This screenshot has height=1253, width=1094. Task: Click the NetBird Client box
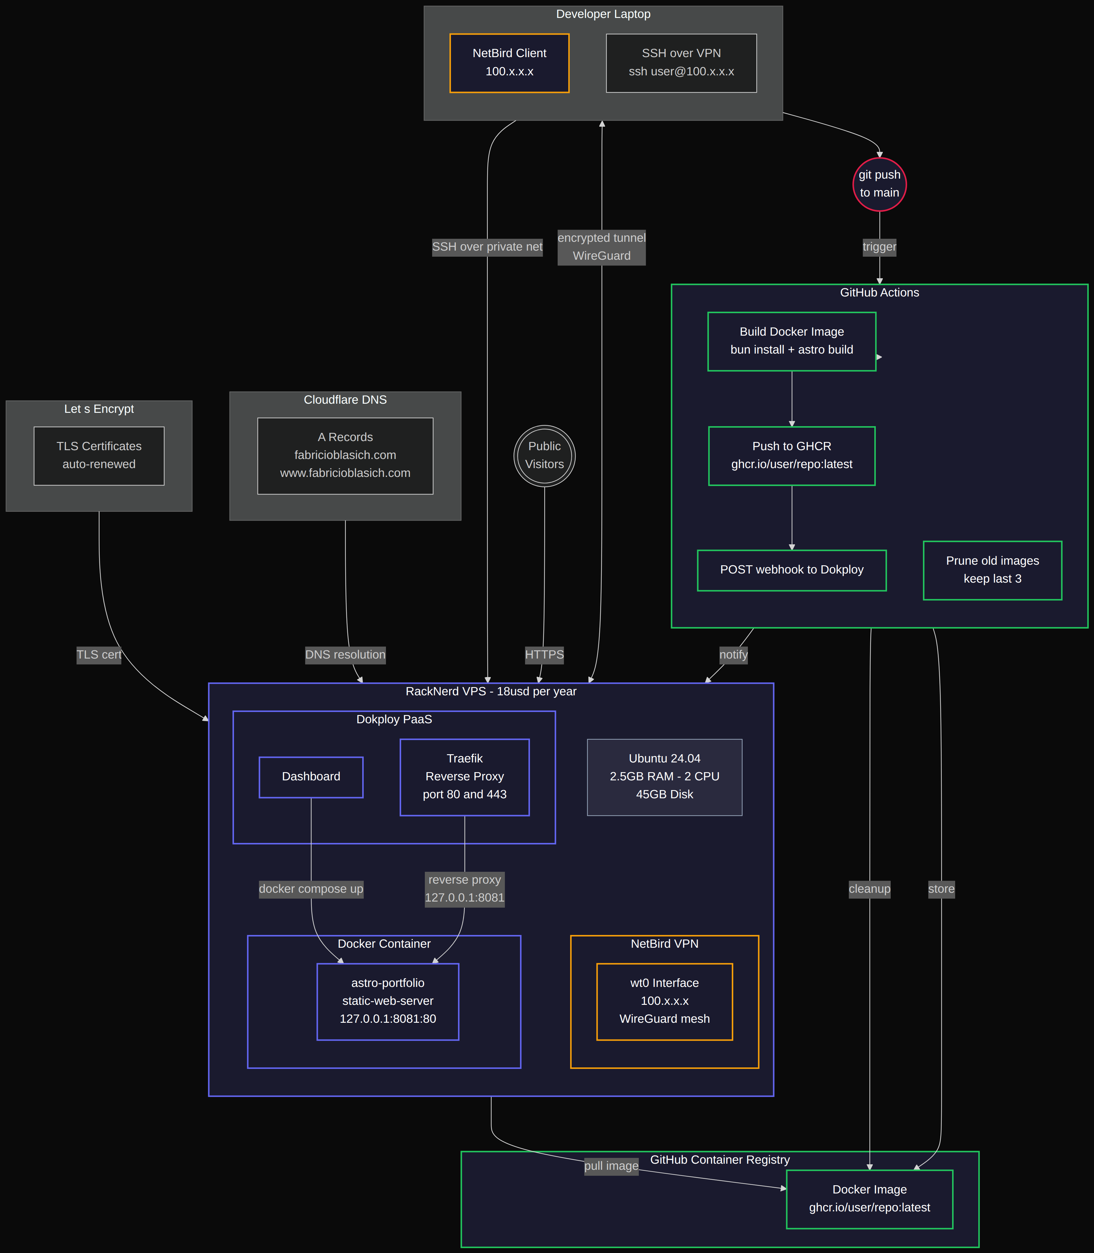click(x=509, y=63)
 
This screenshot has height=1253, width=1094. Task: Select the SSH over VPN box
click(x=681, y=63)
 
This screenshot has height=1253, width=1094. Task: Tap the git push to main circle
click(x=879, y=184)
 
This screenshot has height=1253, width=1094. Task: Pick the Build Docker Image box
click(x=792, y=341)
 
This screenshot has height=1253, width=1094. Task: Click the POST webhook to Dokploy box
click(x=792, y=570)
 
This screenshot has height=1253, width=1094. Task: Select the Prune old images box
click(x=993, y=570)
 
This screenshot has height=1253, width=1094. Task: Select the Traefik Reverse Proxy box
click(x=465, y=777)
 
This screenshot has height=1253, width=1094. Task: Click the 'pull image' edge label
click(x=611, y=1166)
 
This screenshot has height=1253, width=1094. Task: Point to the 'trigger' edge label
click(x=879, y=247)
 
